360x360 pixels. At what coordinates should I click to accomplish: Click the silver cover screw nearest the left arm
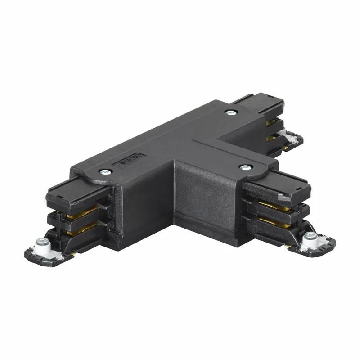click(x=105, y=171)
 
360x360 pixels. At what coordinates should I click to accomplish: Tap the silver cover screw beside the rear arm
click(x=230, y=112)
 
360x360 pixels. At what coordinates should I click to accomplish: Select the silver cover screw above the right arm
click(x=244, y=167)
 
